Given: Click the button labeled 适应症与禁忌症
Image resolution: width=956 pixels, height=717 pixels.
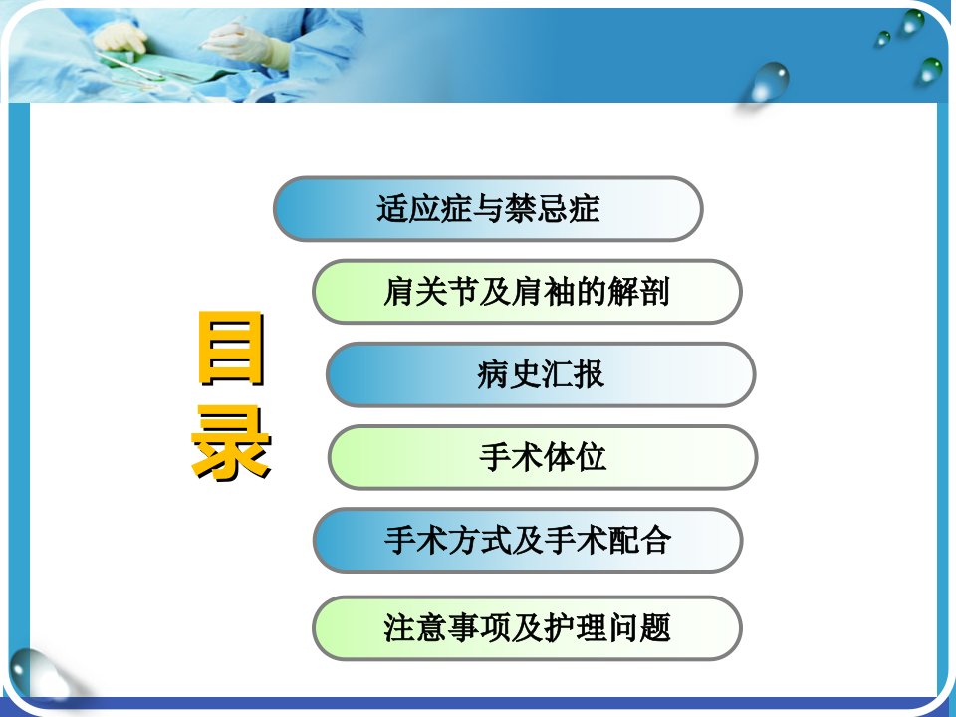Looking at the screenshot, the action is pos(488,209).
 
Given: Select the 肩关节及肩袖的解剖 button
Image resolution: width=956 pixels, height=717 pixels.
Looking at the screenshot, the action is pos(527,292).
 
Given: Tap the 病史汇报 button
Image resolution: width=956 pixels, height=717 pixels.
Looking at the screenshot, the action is pos(541,374).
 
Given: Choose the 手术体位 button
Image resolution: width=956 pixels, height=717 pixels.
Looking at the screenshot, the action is pos(543,457).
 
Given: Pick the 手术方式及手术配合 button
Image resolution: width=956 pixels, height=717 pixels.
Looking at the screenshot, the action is pos(528,540).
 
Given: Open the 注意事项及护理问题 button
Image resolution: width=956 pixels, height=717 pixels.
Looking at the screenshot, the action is pos(527,628).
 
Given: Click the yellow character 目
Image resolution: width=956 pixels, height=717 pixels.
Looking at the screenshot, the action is pos(231,349).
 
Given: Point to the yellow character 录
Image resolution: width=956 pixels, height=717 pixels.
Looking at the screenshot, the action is pos(231,443).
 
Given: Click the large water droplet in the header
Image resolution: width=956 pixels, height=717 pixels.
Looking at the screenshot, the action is pos(770,81).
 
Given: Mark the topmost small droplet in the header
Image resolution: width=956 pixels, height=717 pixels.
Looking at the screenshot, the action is pos(913,21).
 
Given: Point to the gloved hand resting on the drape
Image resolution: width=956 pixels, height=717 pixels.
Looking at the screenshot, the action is pos(120,37).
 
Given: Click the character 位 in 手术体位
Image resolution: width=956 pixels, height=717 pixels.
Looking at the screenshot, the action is pos(591,457).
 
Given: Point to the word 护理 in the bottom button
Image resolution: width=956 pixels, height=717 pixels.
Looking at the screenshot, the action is pos(575,628).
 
